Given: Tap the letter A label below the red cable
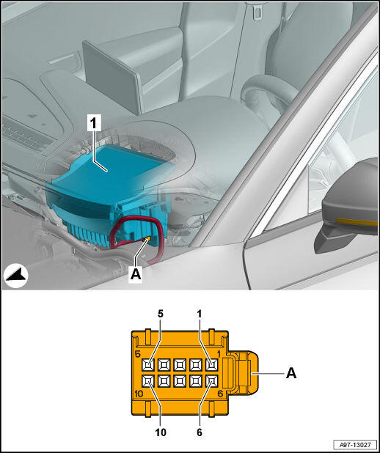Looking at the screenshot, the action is click(x=136, y=274).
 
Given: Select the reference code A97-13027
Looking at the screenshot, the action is click(x=354, y=444).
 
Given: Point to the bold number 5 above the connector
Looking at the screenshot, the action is click(x=161, y=314).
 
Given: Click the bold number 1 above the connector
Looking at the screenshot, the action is click(x=200, y=314).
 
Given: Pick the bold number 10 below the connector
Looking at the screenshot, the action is click(x=161, y=432).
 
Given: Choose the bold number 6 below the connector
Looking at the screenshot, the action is click(x=200, y=432).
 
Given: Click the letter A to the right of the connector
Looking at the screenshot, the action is click(x=291, y=374).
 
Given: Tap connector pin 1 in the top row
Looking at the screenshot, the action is click(x=211, y=365).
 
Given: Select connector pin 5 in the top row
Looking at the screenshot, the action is click(x=148, y=365).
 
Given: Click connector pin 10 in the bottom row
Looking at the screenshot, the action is click(x=148, y=382).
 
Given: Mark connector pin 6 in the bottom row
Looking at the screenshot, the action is click(x=211, y=382).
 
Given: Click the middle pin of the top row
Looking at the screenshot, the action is click(x=180, y=365).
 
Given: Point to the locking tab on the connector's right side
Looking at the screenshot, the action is click(x=244, y=372).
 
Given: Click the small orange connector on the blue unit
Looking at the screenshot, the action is click(x=147, y=239).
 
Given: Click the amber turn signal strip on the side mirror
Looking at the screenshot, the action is click(x=357, y=222).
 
